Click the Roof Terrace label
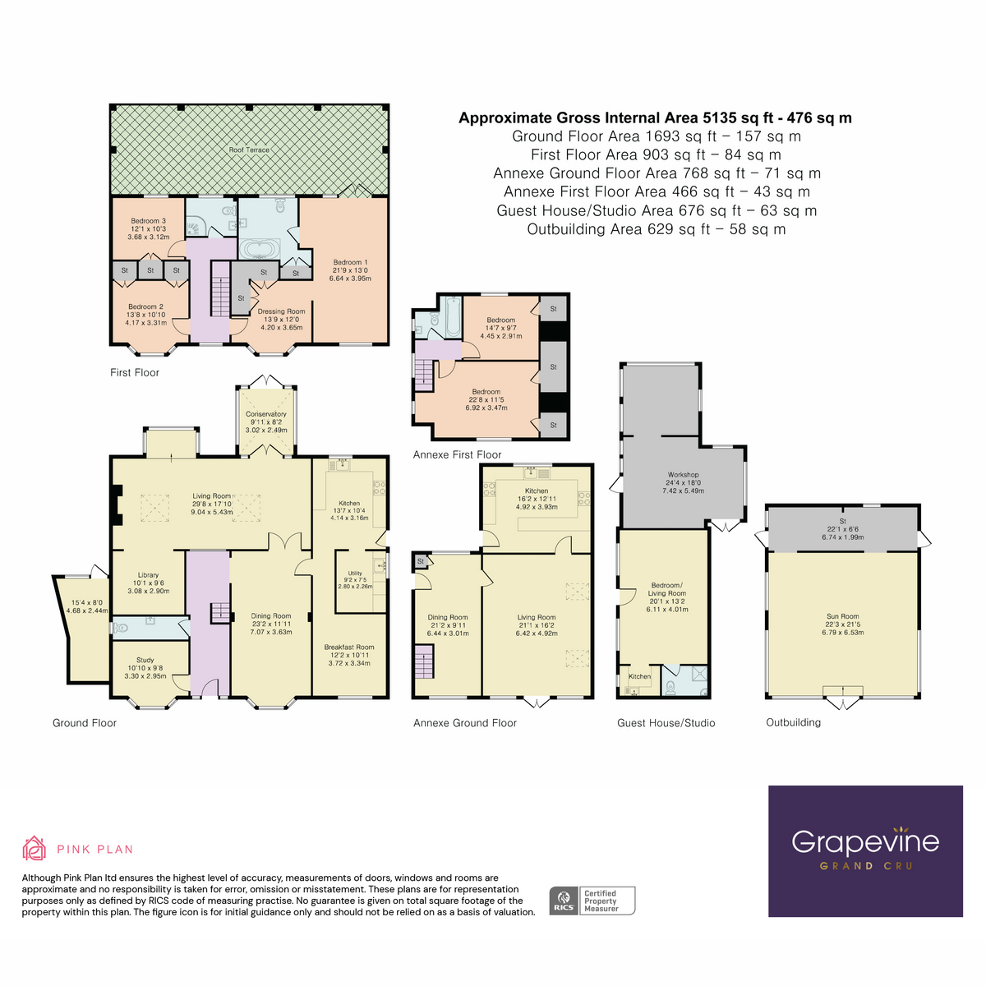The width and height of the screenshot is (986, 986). tap(249, 150)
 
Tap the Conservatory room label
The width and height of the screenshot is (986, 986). tap(266, 414)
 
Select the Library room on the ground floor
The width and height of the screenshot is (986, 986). tap(148, 576)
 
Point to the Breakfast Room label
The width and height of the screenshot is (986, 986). tap(349, 647)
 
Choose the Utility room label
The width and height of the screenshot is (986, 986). tap(355, 574)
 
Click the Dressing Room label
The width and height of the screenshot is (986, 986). tap(281, 312)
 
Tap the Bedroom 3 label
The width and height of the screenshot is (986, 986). tap(149, 221)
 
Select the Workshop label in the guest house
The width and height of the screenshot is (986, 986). tap(683, 475)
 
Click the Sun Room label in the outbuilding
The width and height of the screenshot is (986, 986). tap(842, 616)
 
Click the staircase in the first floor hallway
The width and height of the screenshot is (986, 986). tap(219, 288)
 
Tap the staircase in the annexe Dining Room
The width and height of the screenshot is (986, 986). tap(423, 661)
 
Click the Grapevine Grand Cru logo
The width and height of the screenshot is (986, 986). tap(865, 850)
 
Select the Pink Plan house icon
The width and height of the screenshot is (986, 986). tap(34, 849)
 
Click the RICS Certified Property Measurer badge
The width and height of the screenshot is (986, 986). tap(592, 901)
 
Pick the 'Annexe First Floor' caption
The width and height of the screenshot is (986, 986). tap(457, 454)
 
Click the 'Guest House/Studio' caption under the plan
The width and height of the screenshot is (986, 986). tap(666, 723)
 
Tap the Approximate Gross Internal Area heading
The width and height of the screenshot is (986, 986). tap(655, 118)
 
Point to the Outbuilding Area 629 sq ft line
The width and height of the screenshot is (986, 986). tap(656, 229)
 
